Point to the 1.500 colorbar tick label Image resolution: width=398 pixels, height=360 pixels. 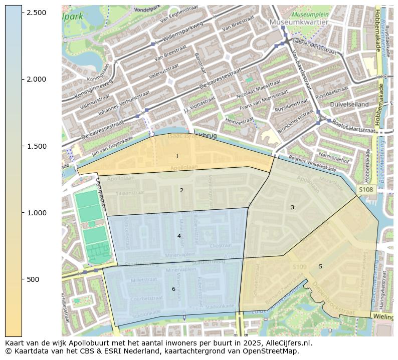click(36, 146)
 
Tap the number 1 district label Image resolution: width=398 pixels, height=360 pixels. click(177, 157)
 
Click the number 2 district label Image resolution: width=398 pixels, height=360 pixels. click(181, 190)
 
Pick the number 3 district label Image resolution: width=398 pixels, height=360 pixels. click(292, 207)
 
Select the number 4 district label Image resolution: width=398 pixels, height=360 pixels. click(179, 236)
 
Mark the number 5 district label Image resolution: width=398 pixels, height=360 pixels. click(320, 266)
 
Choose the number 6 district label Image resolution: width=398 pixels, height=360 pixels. click(173, 289)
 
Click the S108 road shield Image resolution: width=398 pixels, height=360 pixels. click(365, 190)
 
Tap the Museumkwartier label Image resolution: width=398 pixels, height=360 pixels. click(299, 23)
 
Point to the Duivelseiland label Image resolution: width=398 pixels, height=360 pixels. click(349, 104)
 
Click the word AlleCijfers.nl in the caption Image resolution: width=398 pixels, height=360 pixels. click(286, 343)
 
